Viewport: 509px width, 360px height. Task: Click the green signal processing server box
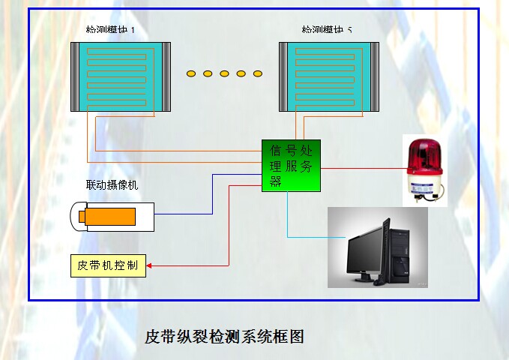pyautogui.click(x=291, y=165)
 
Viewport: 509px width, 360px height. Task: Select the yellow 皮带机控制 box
pyautogui.click(x=108, y=266)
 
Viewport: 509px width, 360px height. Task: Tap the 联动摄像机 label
pyautogui.click(x=112, y=185)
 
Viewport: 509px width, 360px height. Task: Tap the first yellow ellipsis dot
pyautogui.click(x=191, y=73)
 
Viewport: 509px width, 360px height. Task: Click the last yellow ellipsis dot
pyautogui.click(x=258, y=73)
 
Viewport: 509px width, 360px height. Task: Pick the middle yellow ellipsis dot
pyautogui.click(x=224, y=73)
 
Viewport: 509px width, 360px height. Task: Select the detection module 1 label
pyautogui.click(x=110, y=31)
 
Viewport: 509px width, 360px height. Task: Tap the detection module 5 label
pyautogui.click(x=327, y=31)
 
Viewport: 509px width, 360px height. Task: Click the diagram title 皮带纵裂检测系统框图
pyautogui.click(x=224, y=335)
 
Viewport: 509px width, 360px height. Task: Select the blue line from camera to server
pyautogui.click(x=213, y=195)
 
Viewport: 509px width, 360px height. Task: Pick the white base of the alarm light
pyautogui.click(x=424, y=188)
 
